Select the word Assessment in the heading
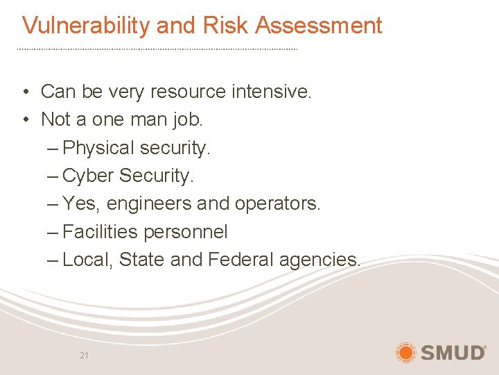point(319,26)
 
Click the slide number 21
point(85,356)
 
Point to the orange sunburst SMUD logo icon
point(405,352)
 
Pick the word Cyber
point(88,176)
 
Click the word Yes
point(78,203)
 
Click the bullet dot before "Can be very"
point(24,92)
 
